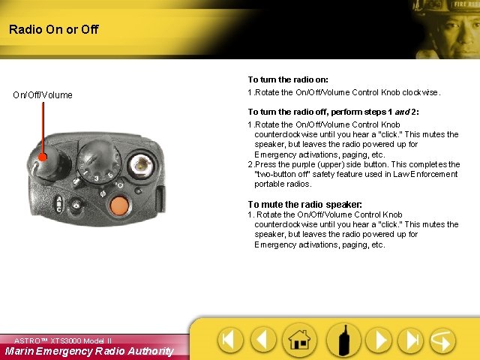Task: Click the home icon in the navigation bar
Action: tap(298, 340)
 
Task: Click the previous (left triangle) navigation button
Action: tap(263, 340)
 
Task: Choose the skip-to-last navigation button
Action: tap(411, 340)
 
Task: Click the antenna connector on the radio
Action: tap(139, 163)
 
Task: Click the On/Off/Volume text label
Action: tap(43, 94)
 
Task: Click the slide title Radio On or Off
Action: tap(53, 30)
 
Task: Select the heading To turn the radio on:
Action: tap(288, 79)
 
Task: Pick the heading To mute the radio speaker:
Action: tap(304, 204)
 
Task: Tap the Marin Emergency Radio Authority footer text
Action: tap(88, 351)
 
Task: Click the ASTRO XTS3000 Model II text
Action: tap(62, 340)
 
